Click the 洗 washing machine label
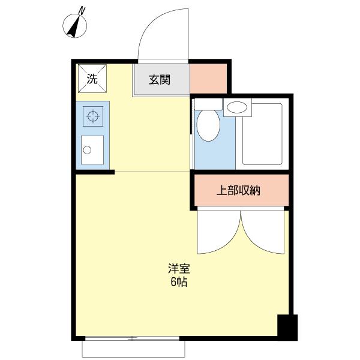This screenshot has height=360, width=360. coord(92,78)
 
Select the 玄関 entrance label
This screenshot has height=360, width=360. coord(160,80)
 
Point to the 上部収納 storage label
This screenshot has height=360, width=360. coord(238,192)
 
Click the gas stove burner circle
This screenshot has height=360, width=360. coord(92,116)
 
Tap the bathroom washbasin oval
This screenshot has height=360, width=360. coord(238,108)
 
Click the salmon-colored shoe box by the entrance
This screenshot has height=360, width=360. coord(208,78)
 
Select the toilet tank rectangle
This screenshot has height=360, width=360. coord(208,103)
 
